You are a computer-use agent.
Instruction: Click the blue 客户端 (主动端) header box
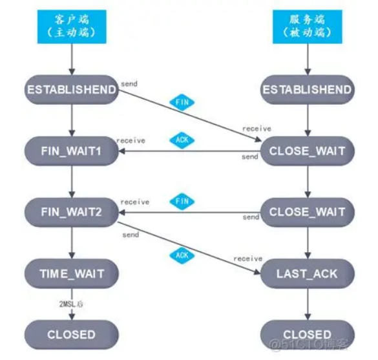71,26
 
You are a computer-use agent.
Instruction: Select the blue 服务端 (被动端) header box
308,26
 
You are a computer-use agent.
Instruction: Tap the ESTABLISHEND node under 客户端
71,90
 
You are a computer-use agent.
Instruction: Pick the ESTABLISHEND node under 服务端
308,90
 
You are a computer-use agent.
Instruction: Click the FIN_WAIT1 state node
71,151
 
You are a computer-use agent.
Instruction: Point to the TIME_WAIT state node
71,273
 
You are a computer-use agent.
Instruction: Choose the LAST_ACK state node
308,273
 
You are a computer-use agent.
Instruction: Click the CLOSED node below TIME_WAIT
71,335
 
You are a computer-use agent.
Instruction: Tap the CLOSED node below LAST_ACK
308,335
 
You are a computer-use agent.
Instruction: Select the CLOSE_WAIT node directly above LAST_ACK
308,212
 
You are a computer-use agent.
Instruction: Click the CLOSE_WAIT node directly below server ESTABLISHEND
308,151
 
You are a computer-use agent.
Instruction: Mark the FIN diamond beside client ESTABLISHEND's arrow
182,102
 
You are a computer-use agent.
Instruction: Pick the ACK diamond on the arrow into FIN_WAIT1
182,139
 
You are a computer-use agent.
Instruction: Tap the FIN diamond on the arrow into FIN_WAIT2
182,201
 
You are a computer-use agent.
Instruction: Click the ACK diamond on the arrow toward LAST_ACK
182,255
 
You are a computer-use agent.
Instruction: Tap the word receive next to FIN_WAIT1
131,140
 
